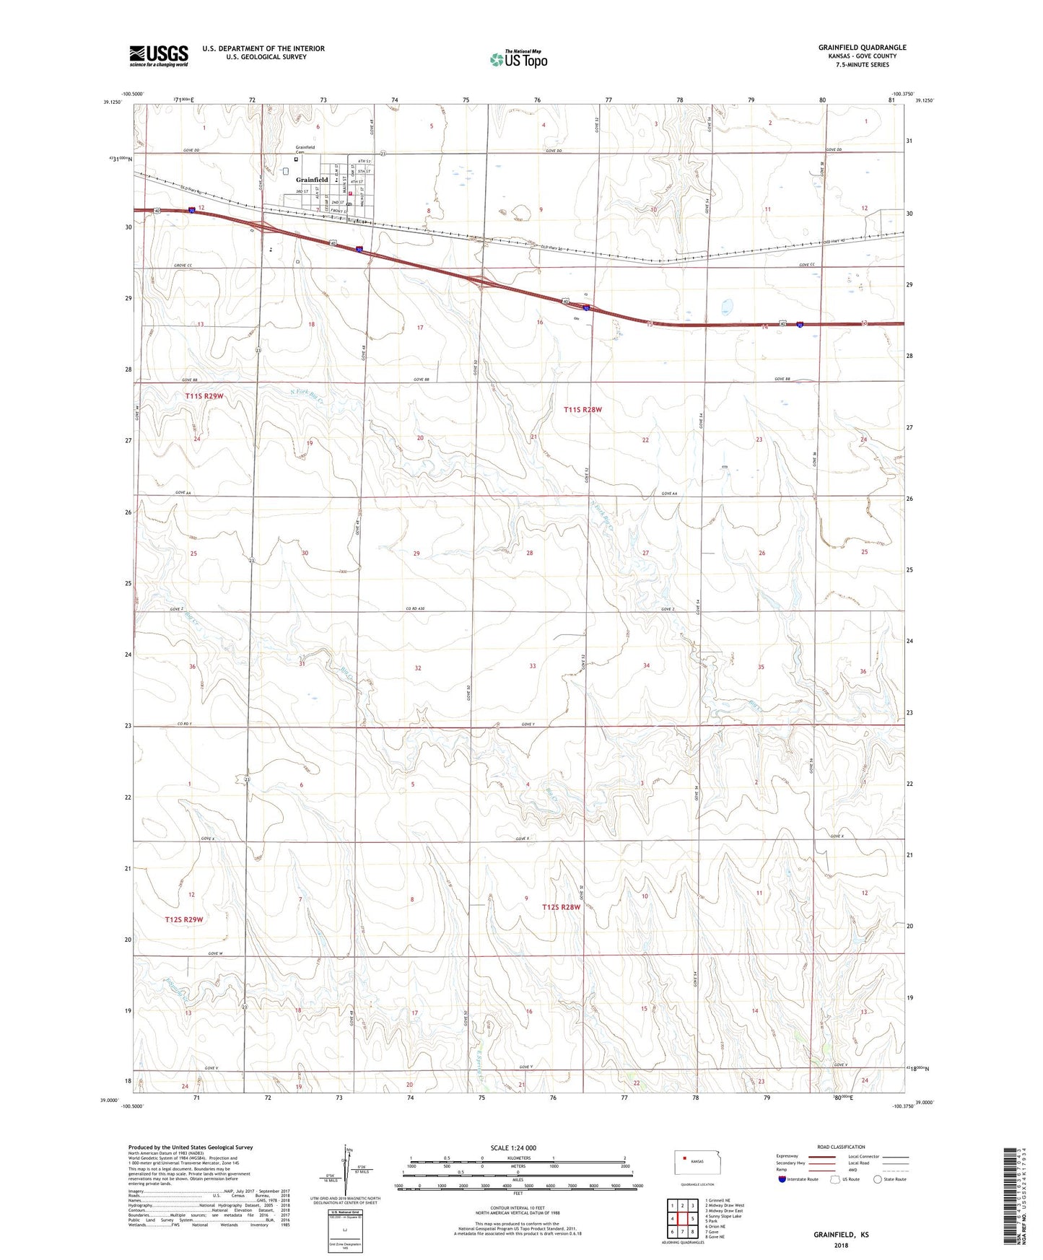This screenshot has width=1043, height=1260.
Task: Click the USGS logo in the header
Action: click(x=158, y=55)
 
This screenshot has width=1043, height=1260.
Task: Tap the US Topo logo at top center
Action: click(x=518, y=59)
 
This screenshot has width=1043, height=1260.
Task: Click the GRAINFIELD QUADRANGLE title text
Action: click(x=862, y=48)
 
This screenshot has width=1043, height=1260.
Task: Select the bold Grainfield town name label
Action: click(x=312, y=180)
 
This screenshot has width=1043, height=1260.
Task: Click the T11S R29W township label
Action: click(x=204, y=396)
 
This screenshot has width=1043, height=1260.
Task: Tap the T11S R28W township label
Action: click(x=582, y=409)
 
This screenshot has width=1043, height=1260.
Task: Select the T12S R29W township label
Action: click(x=184, y=919)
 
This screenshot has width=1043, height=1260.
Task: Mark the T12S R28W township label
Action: click(x=562, y=907)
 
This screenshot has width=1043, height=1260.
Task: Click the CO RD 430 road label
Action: click(x=414, y=609)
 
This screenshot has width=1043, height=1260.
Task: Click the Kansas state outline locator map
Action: click(x=692, y=1163)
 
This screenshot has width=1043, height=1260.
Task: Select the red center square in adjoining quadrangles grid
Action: click(x=682, y=1219)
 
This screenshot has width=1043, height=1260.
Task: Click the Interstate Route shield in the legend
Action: click(x=783, y=1179)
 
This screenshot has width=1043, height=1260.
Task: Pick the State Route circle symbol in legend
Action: click(x=878, y=1179)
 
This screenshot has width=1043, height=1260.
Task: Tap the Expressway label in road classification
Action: click(x=787, y=1155)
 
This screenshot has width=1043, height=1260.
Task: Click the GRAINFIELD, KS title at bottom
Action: click(x=841, y=1235)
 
